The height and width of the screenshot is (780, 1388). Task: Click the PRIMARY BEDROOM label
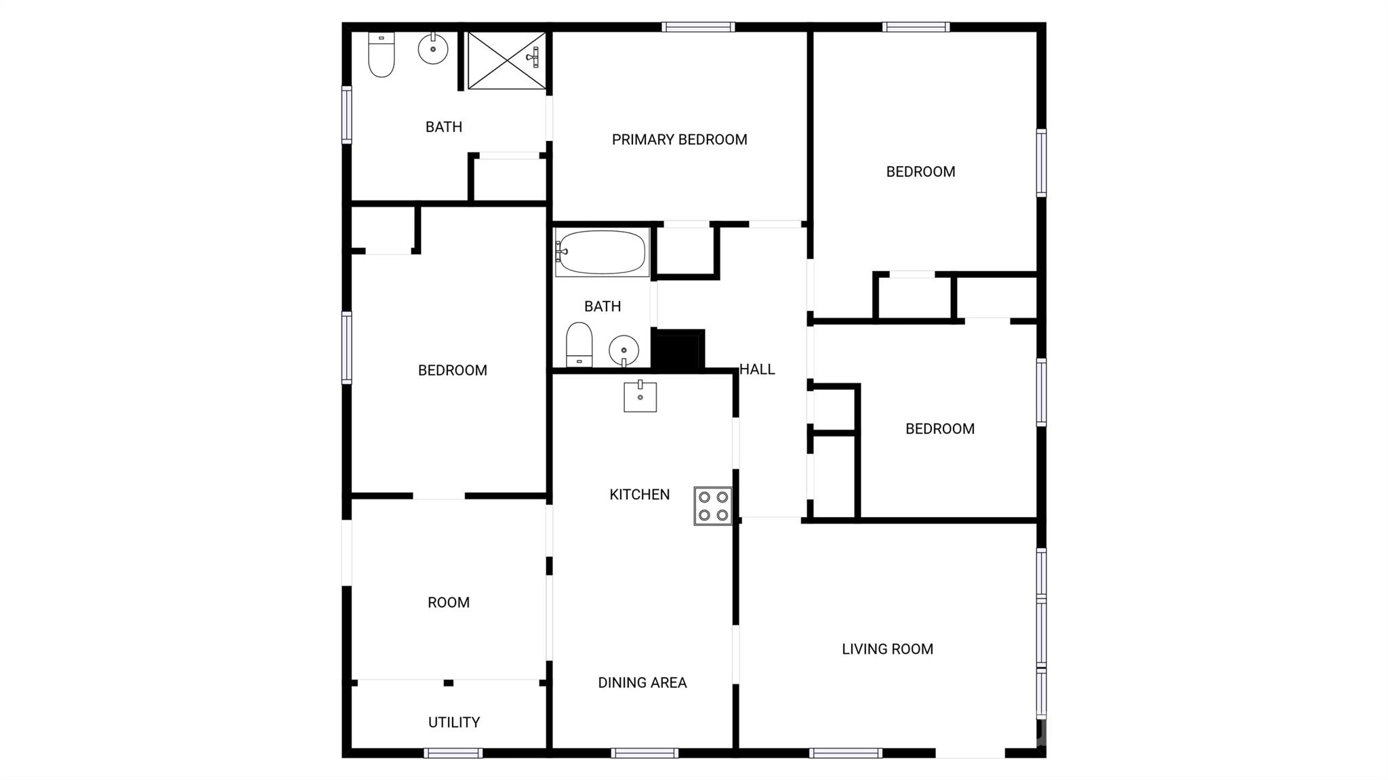679,140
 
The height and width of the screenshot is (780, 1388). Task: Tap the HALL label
757,369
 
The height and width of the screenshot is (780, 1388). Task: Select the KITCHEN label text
639,495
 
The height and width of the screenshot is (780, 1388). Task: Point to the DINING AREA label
642,682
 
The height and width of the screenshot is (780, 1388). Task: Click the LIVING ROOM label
887,649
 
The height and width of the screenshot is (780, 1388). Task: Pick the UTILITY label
453,722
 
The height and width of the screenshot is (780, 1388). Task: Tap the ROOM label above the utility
448,602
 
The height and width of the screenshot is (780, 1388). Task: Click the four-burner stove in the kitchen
713,506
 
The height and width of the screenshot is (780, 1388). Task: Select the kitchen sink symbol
640,396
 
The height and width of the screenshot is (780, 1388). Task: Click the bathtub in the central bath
602,253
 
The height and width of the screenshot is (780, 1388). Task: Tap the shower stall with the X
506,60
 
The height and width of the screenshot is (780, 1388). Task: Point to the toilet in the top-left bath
381,54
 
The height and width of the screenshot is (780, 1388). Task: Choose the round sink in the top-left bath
433,49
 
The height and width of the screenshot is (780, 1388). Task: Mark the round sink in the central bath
624,351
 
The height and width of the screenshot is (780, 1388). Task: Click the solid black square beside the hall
678,350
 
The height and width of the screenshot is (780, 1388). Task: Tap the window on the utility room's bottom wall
453,753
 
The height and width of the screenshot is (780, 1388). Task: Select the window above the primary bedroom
698,27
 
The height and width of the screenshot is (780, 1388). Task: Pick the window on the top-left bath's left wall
346,115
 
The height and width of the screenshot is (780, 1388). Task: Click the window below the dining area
644,753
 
